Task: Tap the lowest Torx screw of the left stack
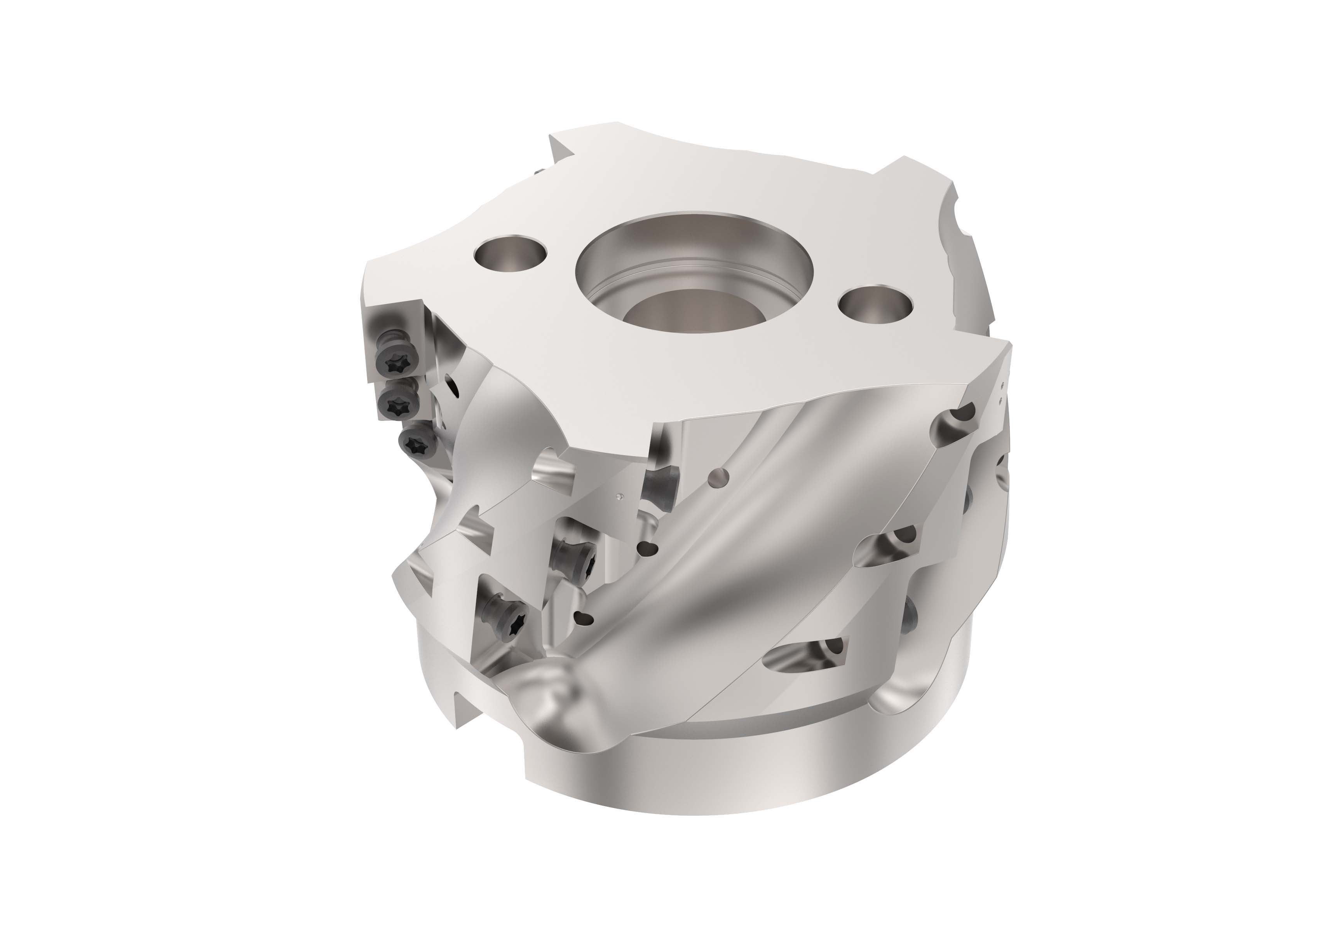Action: (415, 443)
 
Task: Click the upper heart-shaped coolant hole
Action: (651, 548)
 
